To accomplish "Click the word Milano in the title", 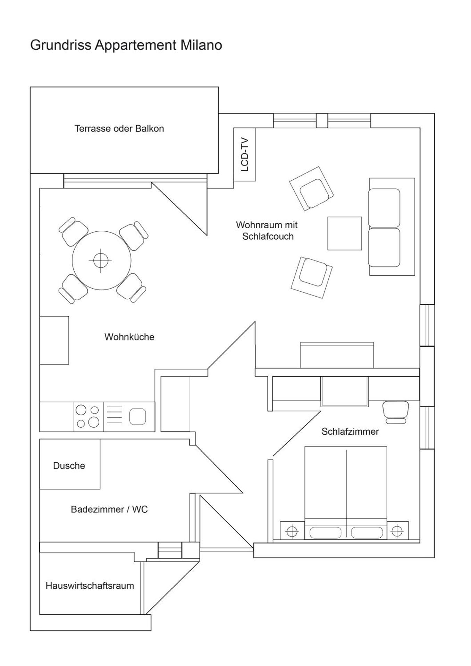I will point(201,45).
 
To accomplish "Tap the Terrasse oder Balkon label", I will point(119,129).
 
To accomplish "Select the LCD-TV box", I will point(245,154).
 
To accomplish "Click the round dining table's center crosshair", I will point(101,261).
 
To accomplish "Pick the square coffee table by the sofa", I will point(344,233).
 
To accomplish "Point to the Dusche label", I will point(69,466).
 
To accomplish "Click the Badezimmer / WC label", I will point(109,509).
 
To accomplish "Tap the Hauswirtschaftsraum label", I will point(90,586).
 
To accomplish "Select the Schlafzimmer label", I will point(350,432).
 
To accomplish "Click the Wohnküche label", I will point(129,337).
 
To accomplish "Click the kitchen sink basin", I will point(137,417).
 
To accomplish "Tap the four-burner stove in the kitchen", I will point(88,417).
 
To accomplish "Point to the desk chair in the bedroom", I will point(396,412).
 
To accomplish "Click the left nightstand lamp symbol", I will point(292,531).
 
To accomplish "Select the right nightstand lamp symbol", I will point(397,531).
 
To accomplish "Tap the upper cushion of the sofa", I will point(384,208).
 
